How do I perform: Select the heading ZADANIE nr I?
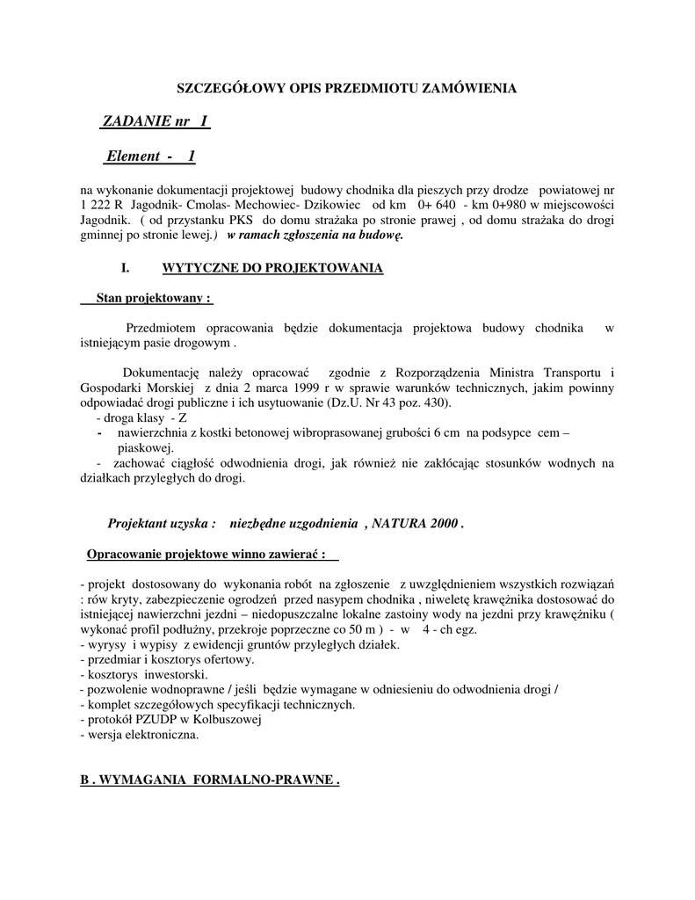(155, 120)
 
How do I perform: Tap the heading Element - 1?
(150, 156)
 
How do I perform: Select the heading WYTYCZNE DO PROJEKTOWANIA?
(272, 268)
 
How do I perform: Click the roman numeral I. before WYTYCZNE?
(125, 268)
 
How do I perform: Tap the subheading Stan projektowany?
(146, 299)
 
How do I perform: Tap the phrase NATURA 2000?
(416, 523)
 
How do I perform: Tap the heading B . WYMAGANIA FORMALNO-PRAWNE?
(208, 780)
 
